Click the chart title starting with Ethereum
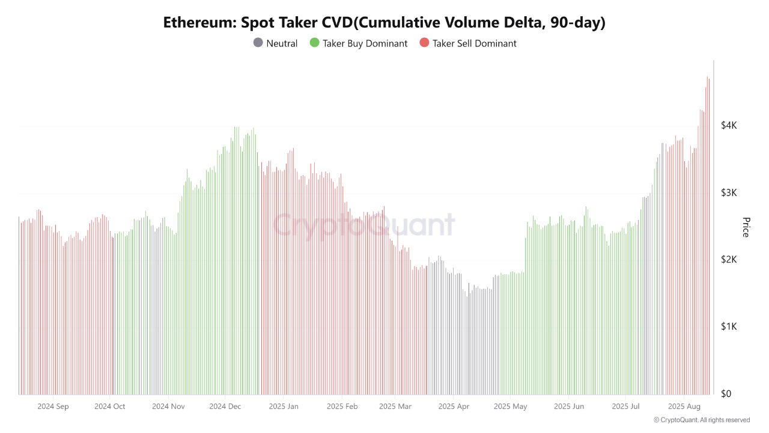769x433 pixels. (384, 23)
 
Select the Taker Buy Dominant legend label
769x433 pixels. (365, 43)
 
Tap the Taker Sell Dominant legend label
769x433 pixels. (474, 43)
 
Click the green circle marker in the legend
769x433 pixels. (314, 43)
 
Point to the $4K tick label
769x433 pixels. (729, 125)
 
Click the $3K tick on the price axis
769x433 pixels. (729, 192)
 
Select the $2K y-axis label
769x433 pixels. (729, 259)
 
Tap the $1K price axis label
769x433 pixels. (729, 327)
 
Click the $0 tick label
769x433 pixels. (726, 393)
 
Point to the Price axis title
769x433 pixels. (746, 227)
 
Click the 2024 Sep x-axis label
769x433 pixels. (53, 407)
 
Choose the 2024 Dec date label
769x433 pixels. (225, 407)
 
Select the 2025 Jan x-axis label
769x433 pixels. (284, 407)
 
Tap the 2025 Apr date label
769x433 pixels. (454, 407)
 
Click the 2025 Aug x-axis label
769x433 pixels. (684, 407)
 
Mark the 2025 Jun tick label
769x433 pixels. (568, 407)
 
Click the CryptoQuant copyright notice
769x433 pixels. (702, 420)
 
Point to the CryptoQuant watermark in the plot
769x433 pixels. (364, 225)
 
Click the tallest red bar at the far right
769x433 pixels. (707, 241)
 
